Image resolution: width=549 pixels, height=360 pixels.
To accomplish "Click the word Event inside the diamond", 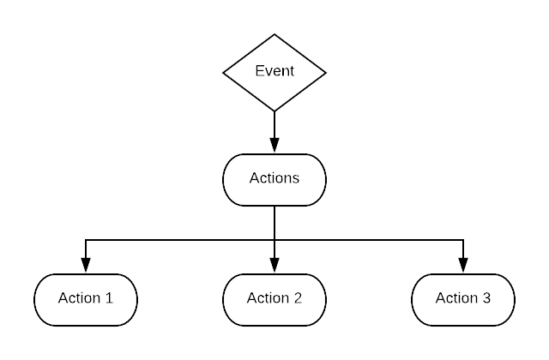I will [274, 70].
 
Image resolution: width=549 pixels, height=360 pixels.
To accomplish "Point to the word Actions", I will [274, 178].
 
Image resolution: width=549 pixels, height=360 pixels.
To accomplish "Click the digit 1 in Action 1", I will [108, 298].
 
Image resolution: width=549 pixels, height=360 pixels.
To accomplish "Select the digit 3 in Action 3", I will [486, 298].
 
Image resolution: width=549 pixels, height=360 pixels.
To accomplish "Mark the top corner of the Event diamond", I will [274, 36].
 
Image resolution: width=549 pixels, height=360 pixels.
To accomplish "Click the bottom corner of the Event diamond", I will [274, 110].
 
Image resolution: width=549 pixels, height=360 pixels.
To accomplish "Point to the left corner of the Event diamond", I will [226, 73].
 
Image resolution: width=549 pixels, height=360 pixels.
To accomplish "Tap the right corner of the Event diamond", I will [323, 73].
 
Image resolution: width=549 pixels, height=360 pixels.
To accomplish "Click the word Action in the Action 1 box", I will [78, 298].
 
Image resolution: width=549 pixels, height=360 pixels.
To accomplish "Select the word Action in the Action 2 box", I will [267, 298].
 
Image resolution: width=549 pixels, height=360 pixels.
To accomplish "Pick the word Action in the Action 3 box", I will [455, 298].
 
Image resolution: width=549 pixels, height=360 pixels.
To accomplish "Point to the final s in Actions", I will [295, 179].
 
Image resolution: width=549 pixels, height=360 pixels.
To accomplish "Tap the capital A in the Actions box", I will [254, 178].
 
